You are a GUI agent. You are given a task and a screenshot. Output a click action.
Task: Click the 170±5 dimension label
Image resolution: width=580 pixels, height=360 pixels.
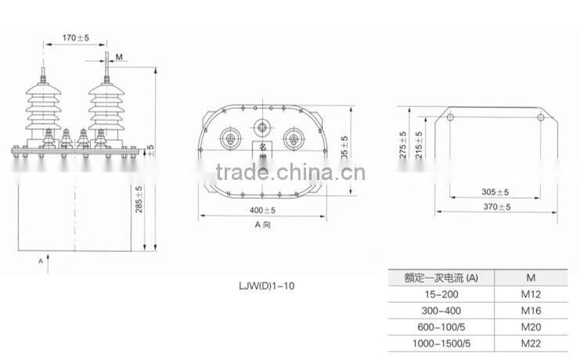76,37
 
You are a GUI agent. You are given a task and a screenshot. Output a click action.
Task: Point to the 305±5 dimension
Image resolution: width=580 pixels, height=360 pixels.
494,192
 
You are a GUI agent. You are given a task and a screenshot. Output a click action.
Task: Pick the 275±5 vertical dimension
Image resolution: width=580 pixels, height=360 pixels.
403,144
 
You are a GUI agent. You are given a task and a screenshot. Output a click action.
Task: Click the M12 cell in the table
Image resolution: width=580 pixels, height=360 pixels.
531,295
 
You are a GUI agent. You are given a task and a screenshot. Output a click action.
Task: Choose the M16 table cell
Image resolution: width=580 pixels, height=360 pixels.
531,310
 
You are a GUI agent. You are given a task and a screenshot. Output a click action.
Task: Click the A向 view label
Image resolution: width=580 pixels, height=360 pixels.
262,225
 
